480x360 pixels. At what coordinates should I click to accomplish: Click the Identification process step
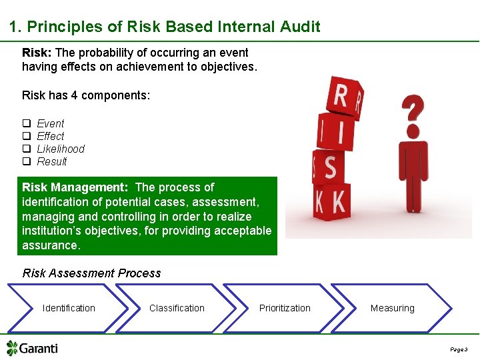tap(69, 308)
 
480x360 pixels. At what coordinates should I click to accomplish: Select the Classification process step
tap(177, 308)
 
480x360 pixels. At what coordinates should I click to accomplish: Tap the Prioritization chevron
tap(285, 308)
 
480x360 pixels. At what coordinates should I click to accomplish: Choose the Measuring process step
tap(392, 308)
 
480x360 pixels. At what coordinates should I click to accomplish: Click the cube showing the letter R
tap(344, 97)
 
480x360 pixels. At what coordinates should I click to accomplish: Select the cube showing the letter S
tap(329, 167)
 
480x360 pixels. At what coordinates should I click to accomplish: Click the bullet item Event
tap(51, 123)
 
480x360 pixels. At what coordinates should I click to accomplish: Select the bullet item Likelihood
tap(61, 149)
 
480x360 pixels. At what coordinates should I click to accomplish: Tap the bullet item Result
tap(52, 161)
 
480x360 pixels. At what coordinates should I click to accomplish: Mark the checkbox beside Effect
tap(27, 136)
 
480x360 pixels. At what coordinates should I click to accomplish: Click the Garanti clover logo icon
tap(12, 348)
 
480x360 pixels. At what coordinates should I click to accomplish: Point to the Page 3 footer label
tap(459, 349)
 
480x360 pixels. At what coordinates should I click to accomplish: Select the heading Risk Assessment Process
tap(92, 273)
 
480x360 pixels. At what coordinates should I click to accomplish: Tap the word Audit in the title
tap(300, 27)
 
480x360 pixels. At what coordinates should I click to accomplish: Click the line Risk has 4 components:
tap(86, 95)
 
